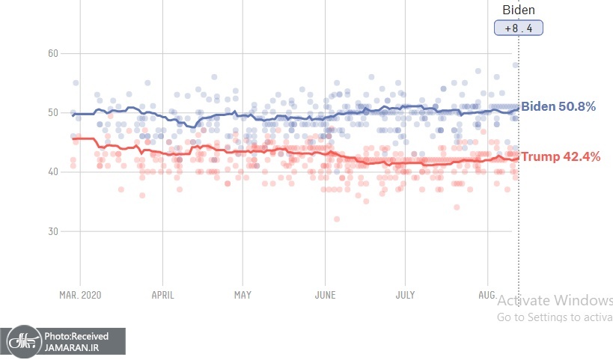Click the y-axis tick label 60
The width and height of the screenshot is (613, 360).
pos(52,54)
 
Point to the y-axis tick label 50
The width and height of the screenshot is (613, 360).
pos(52,113)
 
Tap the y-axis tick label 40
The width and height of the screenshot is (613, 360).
pos(52,172)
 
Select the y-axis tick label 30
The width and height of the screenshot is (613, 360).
pos(52,231)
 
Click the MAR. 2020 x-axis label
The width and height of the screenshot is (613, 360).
pos(79,295)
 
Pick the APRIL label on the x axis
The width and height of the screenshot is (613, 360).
pos(162,295)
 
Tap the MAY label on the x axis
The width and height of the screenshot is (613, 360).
pos(243,295)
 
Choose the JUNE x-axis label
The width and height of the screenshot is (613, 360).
pos(324,295)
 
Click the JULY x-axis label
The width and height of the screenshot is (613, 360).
pos(405,295)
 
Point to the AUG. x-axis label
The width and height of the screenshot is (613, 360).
pos(487,295)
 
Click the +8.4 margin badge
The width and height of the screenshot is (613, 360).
pos(518,28)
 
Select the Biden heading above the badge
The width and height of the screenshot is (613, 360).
pos(518,10)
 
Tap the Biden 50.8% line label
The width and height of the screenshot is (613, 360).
pos(558,106)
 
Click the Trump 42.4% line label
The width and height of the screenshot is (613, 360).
pos(560,156)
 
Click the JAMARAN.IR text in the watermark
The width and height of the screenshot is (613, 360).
pos(70,347)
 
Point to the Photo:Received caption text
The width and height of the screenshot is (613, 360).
pos(76,336)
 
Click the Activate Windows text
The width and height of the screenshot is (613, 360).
pos(555,301)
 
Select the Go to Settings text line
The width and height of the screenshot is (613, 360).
pos(555,317)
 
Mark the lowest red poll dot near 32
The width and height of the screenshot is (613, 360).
pos(337,219)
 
